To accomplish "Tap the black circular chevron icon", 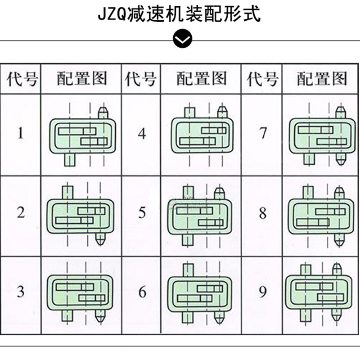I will click(183, 40).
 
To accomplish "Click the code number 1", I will click(20, 133).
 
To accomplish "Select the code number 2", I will click(21, 212).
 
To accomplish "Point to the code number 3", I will click(20, 292).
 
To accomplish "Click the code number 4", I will click(142, 133).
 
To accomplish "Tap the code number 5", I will click(142, 212).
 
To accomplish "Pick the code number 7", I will click(263, 133).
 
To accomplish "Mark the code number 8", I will click(263, 212).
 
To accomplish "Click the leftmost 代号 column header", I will click(21, 79).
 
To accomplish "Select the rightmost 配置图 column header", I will click(322, 79).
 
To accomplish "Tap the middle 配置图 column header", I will click(201, 79).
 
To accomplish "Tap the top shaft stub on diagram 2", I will click(67, 192).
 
